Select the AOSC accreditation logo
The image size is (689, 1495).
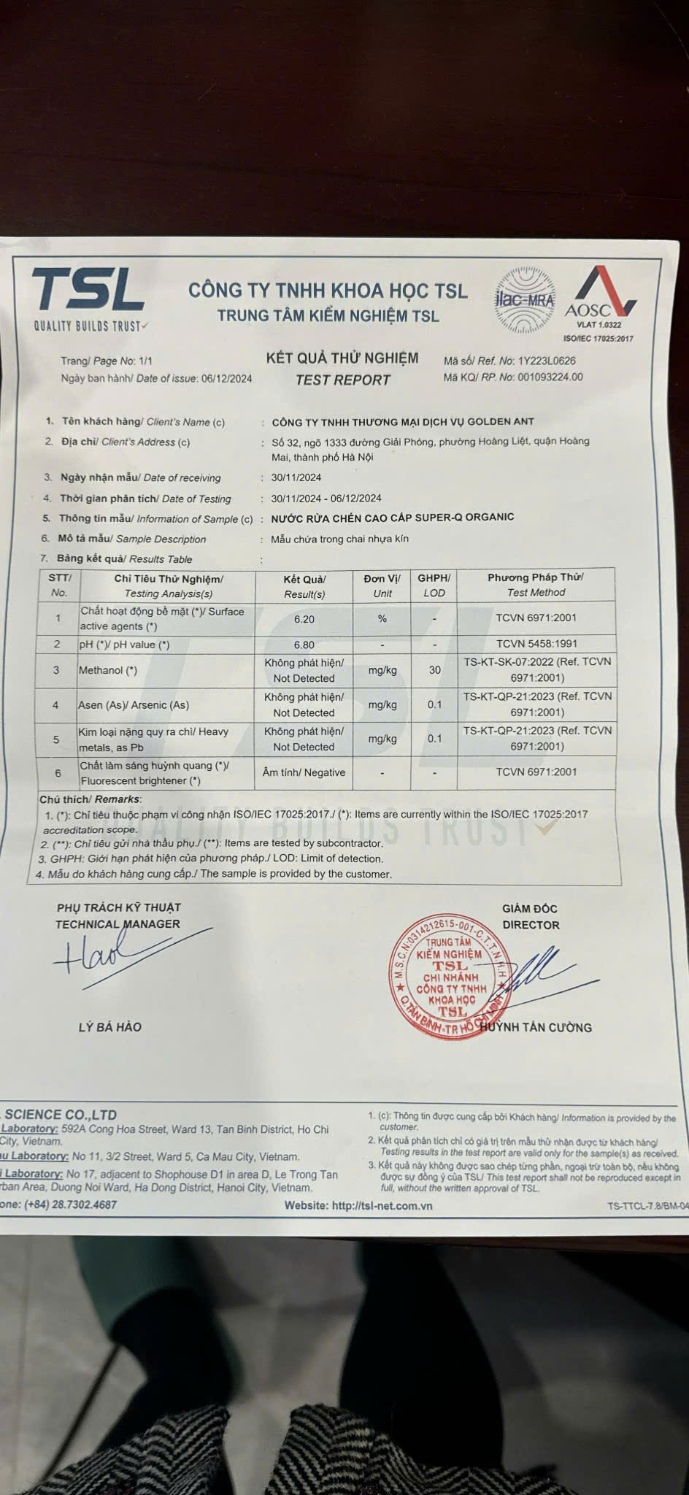(x=598, y=299)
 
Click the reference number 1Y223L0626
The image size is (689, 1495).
(x=547, y=361)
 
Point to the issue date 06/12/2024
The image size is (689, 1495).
(x=226, y=378)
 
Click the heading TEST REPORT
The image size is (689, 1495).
(x=342, y=380)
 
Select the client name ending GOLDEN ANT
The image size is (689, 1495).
(x=402, y=421)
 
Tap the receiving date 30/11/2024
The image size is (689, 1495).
(x=296, y=477)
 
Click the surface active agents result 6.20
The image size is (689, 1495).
(x=304, y=619)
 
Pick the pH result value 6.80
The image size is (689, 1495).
(x=304, y=645)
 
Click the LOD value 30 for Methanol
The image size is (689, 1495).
(x=434, y=670)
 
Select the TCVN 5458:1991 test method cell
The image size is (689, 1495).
(x=536, y=644)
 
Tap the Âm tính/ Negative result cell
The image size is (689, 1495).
(x=304, y=772)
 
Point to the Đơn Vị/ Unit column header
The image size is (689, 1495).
(x=382, y=585)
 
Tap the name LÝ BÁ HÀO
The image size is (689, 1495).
(x=110, y=1027)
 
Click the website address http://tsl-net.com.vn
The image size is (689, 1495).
(x=382, y=1206)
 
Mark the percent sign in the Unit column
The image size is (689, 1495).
(x=382, y=619)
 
